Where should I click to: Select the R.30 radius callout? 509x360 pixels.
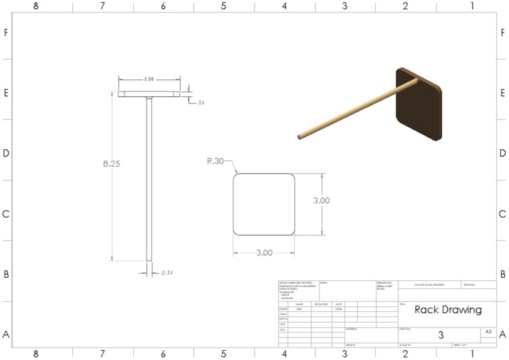[215, 160]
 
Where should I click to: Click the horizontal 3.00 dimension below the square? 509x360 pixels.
[264, 253]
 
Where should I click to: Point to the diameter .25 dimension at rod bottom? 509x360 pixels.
[167, 272]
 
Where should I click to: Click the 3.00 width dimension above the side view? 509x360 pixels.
[148, 79]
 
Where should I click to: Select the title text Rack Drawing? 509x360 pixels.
[448, 310]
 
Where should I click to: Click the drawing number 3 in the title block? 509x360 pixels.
[441, 335]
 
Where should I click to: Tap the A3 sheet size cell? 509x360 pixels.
[488, 331]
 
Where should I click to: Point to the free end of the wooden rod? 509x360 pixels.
[301, 137]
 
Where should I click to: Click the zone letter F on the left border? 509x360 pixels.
[6, 32]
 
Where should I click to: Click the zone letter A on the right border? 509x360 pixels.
[502, 335]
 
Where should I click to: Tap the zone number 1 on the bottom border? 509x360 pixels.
[472, 354]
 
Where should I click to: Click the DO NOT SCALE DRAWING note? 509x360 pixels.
[429, 284]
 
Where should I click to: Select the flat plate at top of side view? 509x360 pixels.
[149, 94]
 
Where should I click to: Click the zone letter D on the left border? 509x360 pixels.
[6, 153]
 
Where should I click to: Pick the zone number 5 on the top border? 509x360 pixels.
[223, 6]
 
